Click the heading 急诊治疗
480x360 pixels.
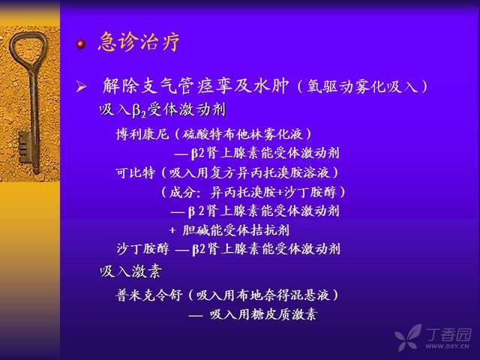(139, 41)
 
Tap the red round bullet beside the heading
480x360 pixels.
(81, 44)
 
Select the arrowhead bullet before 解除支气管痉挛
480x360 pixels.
(81, 87)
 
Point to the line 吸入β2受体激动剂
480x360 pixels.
(163, 109)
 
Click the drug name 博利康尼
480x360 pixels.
(142, 134)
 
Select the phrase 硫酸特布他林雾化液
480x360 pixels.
(242, 134)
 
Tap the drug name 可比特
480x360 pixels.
(135, 173)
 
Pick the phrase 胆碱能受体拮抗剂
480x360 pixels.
(235, 230)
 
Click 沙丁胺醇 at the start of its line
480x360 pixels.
(142, 249)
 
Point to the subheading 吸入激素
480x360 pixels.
(130, 271)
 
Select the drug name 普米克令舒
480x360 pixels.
(149, 295)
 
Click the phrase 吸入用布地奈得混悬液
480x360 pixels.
(263, 295)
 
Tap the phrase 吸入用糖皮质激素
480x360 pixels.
(263, 314)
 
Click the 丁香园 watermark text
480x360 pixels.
(448, 334)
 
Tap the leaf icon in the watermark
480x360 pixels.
(408, 337)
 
